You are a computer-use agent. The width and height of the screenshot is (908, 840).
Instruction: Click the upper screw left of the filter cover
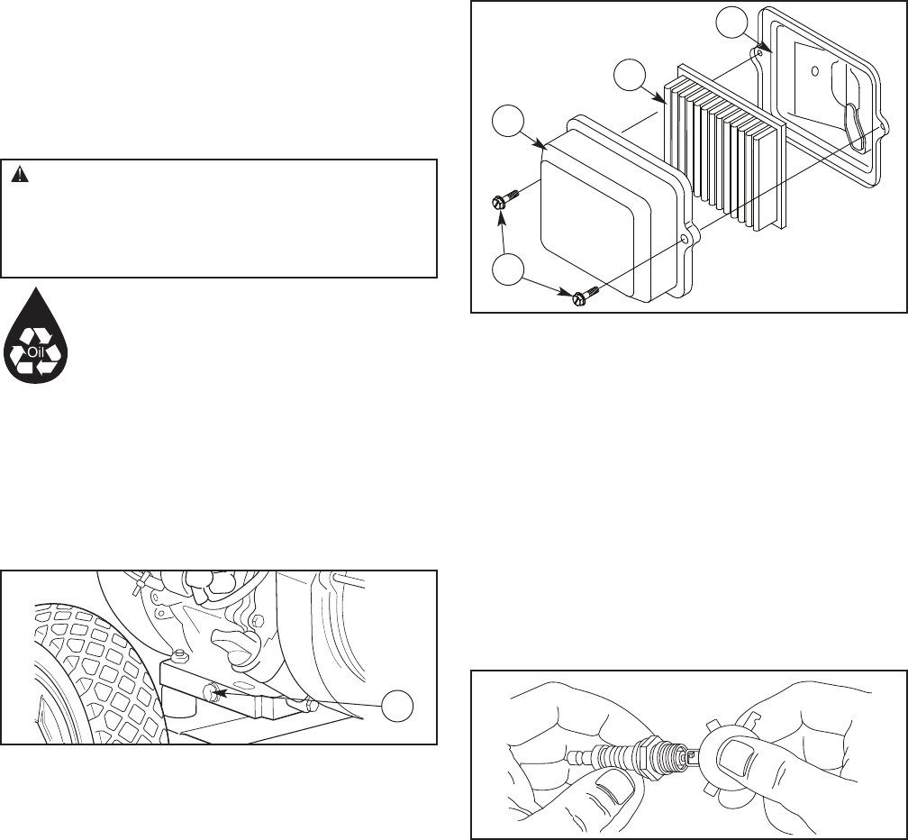[x=502, y=200]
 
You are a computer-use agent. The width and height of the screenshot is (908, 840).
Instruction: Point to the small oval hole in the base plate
[x=813, y=70]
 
